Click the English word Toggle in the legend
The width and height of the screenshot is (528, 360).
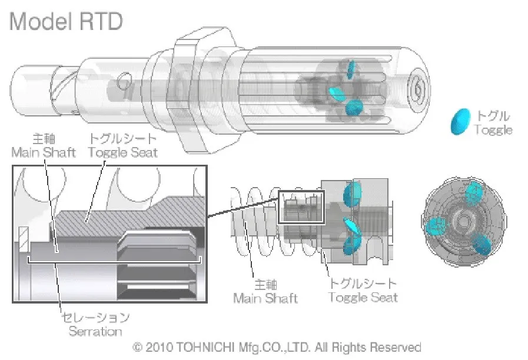[493, 130]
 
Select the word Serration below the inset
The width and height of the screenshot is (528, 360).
[95, 331]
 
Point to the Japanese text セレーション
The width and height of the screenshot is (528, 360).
[95, 318]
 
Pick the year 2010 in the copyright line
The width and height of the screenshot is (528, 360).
[157, 347]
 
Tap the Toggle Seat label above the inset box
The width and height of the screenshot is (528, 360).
[122, 152]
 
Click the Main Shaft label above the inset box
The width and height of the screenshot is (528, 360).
[44, 152]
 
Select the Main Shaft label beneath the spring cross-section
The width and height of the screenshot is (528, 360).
[265, 298]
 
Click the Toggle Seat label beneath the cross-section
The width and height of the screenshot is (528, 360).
[363, 298]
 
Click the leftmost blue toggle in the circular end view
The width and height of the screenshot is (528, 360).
[436, 224]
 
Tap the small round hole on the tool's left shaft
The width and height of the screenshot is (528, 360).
[124, 78]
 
